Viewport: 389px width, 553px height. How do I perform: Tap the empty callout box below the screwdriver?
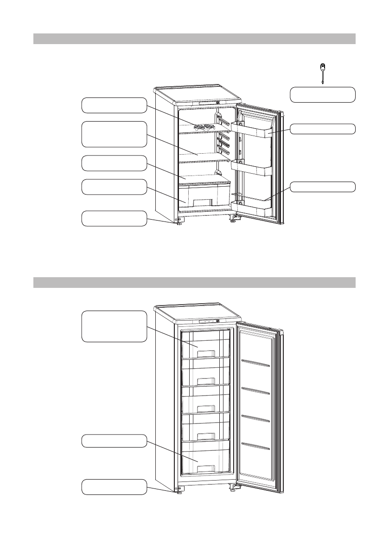pyautogui.click(x=323, y=94)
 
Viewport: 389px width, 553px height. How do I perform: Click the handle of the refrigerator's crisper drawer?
pyautogui.click(x=204, y=202)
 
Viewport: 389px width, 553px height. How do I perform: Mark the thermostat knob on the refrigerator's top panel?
pyautogui.click(x=217, y=103)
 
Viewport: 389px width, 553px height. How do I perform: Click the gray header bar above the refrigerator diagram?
pyautogui.click(x=194, y=39)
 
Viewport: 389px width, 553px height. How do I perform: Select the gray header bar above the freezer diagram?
pyautogui.click(x=194, y=282)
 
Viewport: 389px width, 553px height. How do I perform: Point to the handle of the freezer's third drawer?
pyautogui.click(x=204, y=409)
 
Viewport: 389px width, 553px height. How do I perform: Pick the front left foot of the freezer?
pyautogui.click(x=179, y=493)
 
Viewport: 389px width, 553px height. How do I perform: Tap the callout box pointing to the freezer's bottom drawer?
pyautogui.click(x=114, y=441)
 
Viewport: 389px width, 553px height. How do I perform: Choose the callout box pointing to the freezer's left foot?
pyautogui.click(x=114, y=487)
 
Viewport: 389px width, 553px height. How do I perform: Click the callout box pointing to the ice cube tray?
pyautogui.click(x=114, y=105)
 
